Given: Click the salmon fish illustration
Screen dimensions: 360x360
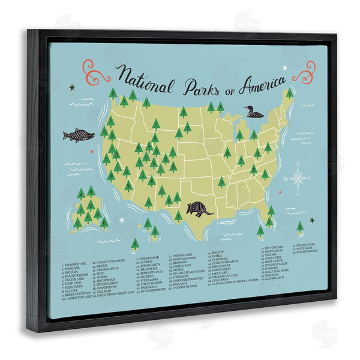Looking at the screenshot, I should [x=79, y=135].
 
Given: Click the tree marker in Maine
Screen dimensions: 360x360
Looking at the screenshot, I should [x=289, y=93].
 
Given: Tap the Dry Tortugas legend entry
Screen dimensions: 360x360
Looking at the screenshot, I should [x=275, y=247].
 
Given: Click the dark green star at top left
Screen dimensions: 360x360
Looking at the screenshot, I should [x=72, y=88].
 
